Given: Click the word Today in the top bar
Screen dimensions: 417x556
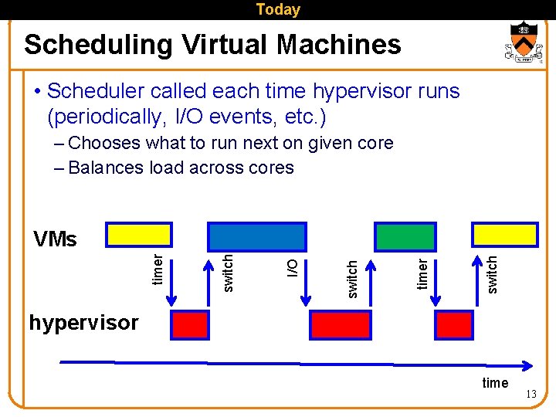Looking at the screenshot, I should point(277,10).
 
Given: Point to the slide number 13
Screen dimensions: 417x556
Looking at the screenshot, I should point(531,395).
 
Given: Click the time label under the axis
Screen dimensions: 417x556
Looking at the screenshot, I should point(495,383).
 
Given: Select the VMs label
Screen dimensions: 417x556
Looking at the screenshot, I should point(55,239).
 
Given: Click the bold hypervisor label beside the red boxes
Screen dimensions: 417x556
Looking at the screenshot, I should point(83,322).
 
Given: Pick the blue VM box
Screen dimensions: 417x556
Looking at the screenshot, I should point(257,236).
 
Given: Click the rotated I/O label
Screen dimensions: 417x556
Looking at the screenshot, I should point(293,268).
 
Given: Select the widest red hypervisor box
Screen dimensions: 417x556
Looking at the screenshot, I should point(341,325).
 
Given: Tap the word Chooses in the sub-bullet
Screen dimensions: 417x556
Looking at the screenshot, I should point(104,143).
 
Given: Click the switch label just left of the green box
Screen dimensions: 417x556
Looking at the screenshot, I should point(352,278).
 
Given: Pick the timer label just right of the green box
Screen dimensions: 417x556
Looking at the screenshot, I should point(422,273).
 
